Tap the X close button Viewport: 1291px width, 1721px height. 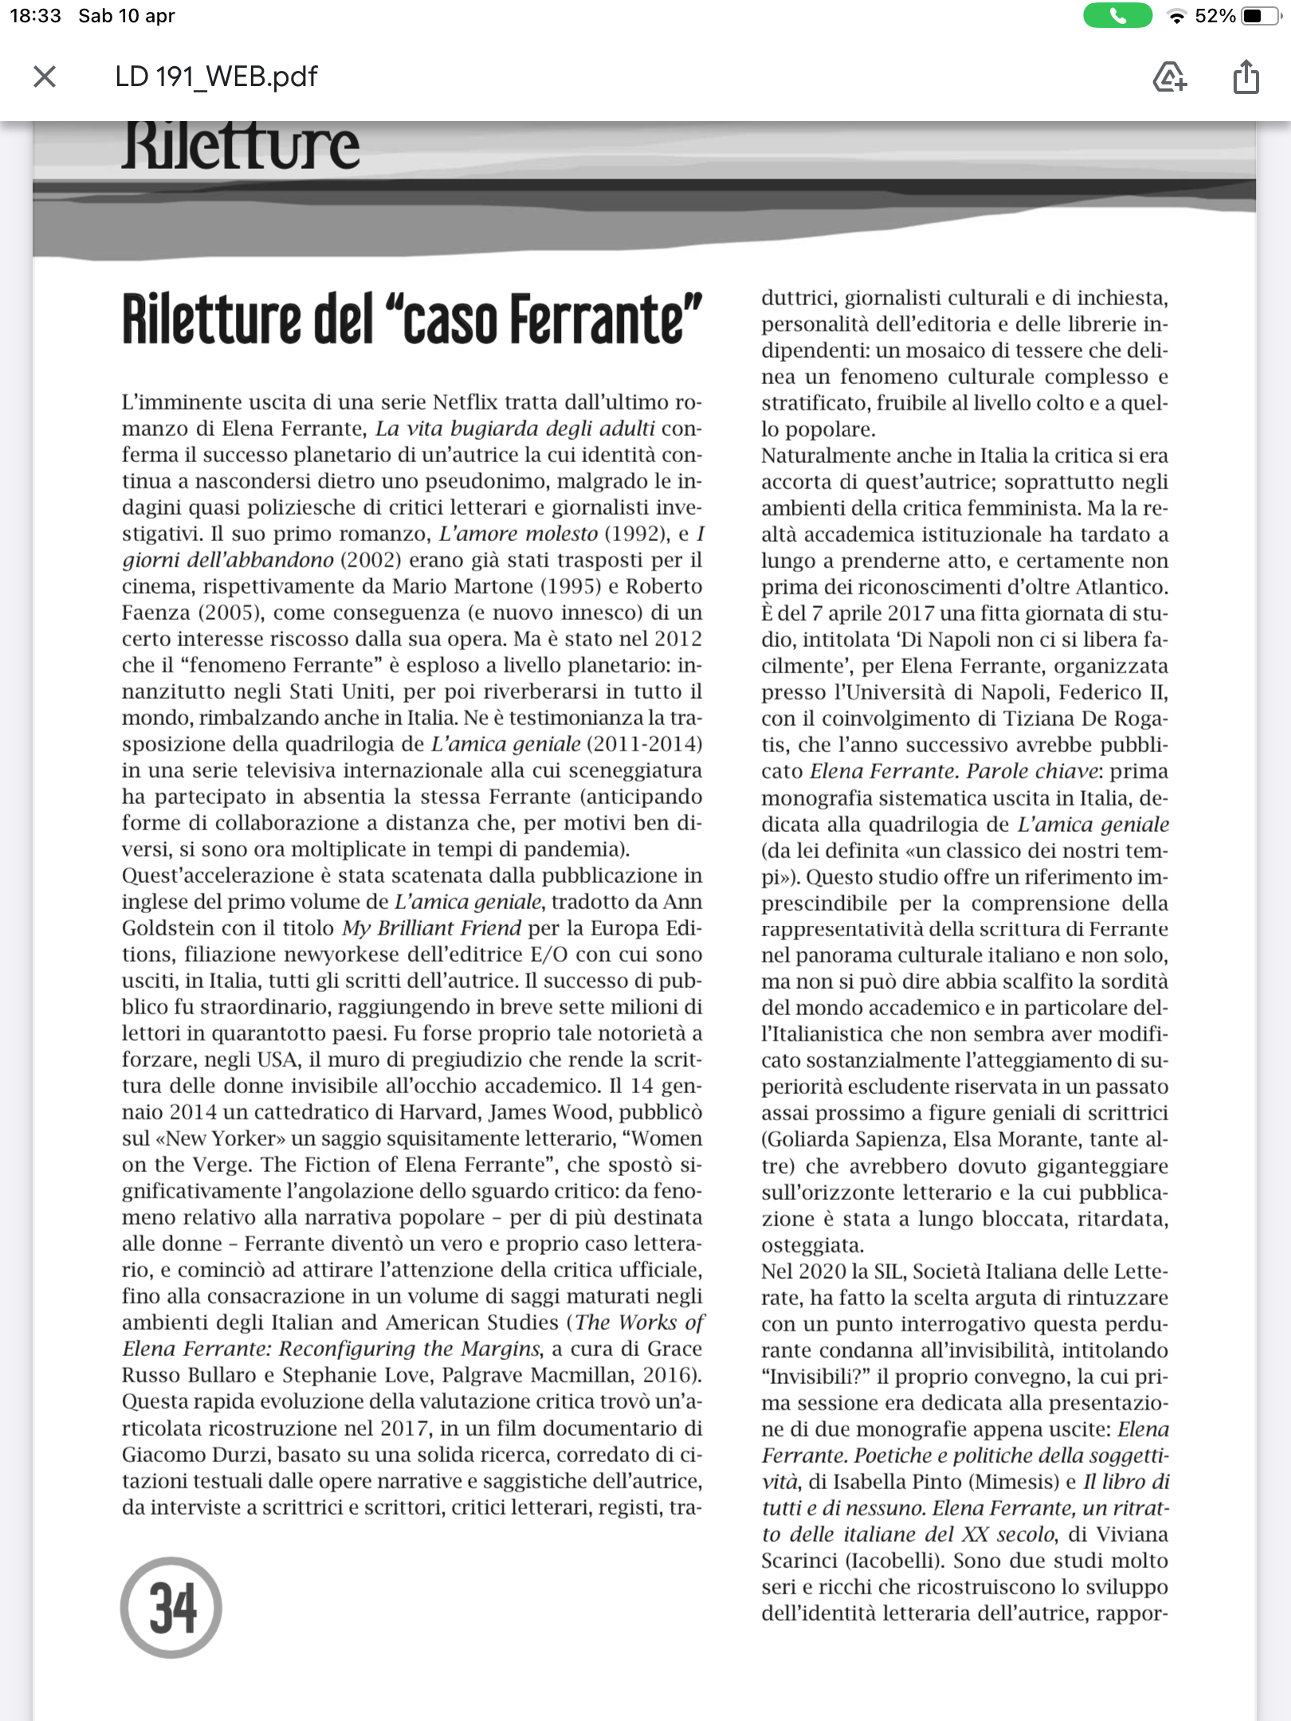[x=45, y=76]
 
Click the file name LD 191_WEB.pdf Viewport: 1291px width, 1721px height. [x=216, y=76]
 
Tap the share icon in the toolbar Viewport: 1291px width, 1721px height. [x=1246, y=77]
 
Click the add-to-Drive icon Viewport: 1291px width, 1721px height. [x=1169, y=77]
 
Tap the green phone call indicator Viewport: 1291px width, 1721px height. [x=1117, y=16]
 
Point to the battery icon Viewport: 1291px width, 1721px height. [x=1262, y=16]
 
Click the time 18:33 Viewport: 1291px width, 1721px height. [x=35, y=16]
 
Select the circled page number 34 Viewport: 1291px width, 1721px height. [x=171, y=1608]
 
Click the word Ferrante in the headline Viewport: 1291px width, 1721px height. [x=606, y=320]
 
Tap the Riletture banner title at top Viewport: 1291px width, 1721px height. [x=241, y=147]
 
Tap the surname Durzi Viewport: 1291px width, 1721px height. [x=233, y=1455]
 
